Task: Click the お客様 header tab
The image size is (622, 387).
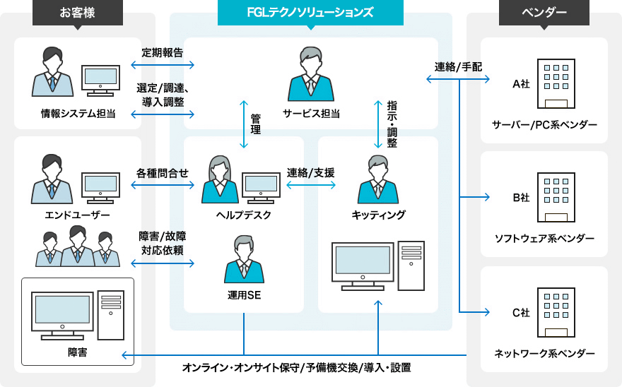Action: click(78, 12)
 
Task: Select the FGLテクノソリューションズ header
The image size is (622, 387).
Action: click(311, 12)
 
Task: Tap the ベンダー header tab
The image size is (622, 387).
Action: click(544, 12)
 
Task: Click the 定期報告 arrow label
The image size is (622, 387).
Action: click(162, 52)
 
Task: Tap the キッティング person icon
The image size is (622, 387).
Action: click(378, 180)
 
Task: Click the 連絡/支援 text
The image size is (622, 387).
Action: click(311, 172)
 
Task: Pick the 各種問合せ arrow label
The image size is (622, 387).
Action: click(162, 172)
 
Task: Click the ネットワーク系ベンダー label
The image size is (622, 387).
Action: click(544, 353)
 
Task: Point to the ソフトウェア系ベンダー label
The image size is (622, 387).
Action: click(544, 239)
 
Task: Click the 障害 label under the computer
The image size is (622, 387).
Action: click(78, 352)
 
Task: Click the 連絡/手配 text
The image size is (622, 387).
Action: click(458, 67)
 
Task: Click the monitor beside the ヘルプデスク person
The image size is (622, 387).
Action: click(261, 186)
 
